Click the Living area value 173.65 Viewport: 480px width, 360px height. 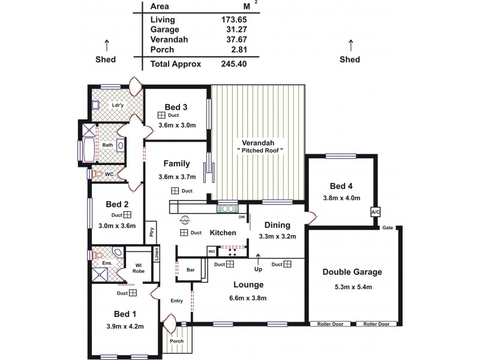[x=235, y=20]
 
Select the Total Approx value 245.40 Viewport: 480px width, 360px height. [x=235, y=63]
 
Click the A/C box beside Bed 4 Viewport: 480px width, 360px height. [x=376, y=212]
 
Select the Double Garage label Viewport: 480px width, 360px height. [x=352, y=272]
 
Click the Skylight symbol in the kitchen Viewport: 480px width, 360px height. [x=184, y=219]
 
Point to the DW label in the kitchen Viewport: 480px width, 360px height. [x=241, y=217]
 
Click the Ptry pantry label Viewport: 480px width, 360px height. [x=152, y=232]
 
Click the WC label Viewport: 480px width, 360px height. [x=109, y=175]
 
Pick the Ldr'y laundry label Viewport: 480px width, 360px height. [x=118, y=106]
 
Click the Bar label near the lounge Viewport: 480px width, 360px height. [x=191, y=270]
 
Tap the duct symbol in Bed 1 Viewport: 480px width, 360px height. [x=133, y=293]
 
